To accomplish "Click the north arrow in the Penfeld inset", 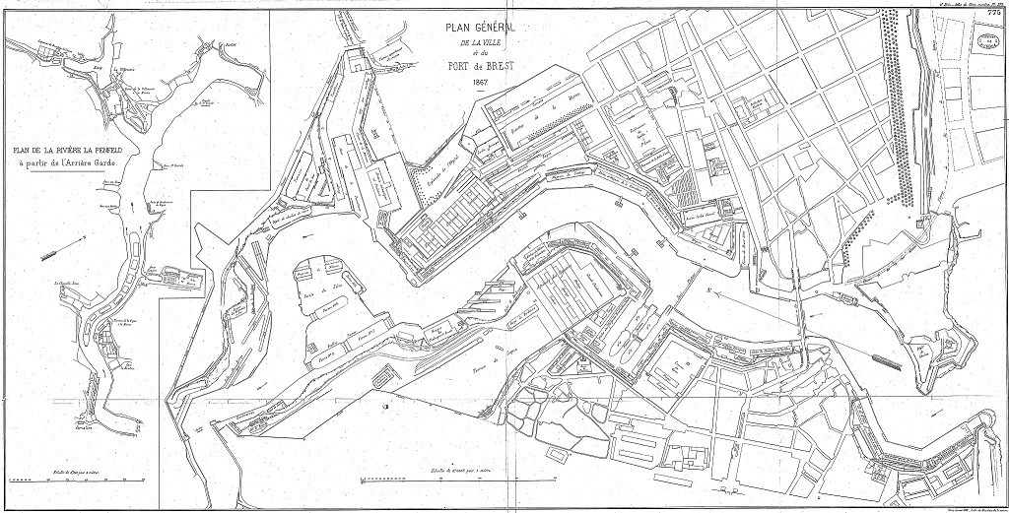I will (53, 253).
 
